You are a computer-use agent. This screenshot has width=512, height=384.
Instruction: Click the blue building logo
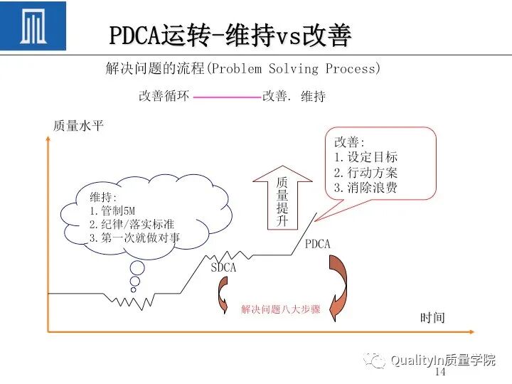(33, 26)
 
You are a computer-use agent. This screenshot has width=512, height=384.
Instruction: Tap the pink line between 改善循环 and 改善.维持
(226, 97)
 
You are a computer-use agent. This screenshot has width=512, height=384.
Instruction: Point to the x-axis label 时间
(432, 318)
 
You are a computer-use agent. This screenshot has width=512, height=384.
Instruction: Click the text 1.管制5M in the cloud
(111, 210)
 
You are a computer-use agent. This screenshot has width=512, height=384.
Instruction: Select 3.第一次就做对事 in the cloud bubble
(134, 238)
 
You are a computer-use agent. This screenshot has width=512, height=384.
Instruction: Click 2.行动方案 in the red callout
(366, 173)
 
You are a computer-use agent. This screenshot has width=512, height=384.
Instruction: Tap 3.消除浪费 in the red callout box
(366, 188)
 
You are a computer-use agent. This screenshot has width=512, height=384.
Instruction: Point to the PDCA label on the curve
(318, 244)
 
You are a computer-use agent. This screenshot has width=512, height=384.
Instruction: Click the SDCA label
(223, 268)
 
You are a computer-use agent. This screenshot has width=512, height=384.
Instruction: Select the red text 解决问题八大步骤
(280, 309)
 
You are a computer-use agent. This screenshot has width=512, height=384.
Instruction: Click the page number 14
(439, 373)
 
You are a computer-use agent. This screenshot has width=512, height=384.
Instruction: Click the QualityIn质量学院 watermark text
(442, 360)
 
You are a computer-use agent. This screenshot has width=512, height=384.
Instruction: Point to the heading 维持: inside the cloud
(103, 197)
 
